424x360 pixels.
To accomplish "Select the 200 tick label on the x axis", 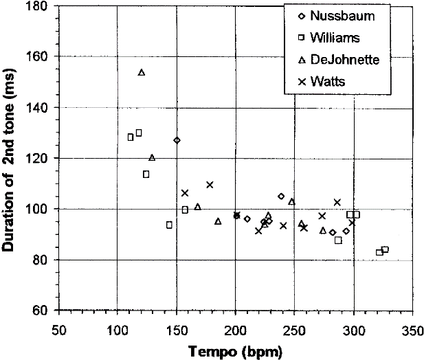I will pos(235,325).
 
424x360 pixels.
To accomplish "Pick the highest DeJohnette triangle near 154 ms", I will pos(142,72).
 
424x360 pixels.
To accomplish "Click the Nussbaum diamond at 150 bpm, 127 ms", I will pos(177,140).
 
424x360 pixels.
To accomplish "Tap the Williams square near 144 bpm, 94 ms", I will pos(169,225).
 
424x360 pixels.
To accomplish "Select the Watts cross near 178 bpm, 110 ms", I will pos(210,184).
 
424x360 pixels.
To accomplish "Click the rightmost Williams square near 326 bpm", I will pos(385,249).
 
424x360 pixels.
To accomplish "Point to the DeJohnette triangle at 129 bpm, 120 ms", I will pos(152,157).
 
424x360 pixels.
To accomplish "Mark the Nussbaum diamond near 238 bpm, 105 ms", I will pos(280,196).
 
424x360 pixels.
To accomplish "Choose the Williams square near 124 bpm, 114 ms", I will pos(146,174).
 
